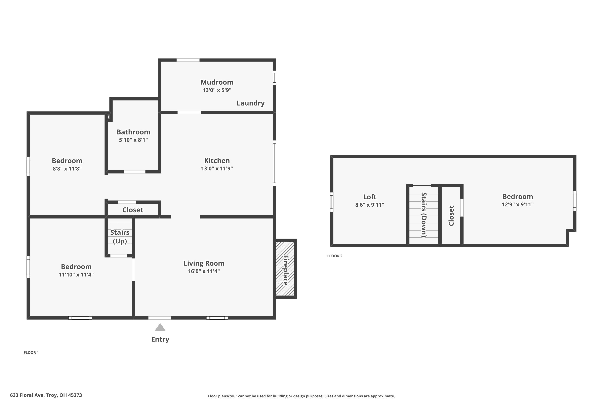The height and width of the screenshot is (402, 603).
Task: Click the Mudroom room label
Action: coord(217,82)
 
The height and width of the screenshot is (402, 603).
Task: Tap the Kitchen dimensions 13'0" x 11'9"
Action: coord(217,168)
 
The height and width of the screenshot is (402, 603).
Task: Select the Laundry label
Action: coord(250,103)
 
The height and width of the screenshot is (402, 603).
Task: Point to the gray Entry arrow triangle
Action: coord(160,328)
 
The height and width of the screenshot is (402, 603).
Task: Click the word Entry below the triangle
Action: coord(160,339)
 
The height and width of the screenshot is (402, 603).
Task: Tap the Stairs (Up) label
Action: coord(120,237)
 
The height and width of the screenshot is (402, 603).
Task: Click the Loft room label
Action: coord(369,197)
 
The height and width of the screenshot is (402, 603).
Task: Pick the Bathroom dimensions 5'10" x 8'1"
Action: coord(133,140)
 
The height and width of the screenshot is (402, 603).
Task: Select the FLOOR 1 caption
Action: coord(31,353)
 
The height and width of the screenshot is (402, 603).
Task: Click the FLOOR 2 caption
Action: coord(335,256)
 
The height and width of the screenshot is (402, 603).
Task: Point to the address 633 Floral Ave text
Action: coord(46,395)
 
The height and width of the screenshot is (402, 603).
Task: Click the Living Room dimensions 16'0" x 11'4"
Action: coord(204,271)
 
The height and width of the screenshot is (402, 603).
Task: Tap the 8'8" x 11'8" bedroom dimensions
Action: coord(67,169)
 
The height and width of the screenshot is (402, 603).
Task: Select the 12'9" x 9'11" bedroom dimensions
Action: coord(517,205)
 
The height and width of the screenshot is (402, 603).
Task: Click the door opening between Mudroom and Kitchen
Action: coord(189,113)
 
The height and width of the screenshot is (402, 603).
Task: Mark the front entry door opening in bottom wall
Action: coord(159,318)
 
